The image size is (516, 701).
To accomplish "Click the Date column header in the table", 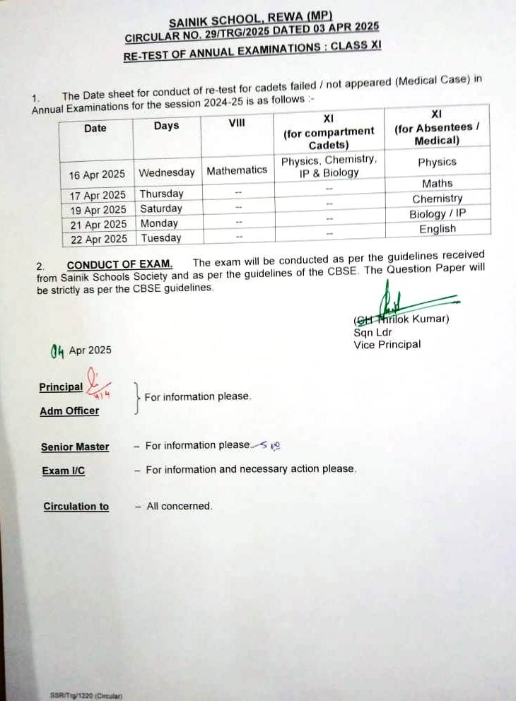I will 95,128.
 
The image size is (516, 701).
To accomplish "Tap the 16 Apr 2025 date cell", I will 97,175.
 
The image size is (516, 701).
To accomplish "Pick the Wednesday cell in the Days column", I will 166,172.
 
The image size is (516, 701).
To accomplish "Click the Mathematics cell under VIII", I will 237,170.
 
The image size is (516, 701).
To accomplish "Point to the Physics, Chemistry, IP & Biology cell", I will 329,166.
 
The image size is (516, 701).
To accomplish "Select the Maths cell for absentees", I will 437,183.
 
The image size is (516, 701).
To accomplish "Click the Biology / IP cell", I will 437,213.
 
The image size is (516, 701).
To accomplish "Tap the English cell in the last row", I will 437,229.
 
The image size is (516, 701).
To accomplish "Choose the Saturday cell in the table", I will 160,208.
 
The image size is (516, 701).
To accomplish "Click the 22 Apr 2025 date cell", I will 98,239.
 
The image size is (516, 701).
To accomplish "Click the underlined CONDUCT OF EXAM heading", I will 119,265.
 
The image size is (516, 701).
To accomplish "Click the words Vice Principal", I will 387,345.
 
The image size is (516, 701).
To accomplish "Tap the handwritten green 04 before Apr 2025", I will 57,350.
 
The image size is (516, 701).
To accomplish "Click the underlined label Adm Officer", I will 69,411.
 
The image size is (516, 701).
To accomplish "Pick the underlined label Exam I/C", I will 63,471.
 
